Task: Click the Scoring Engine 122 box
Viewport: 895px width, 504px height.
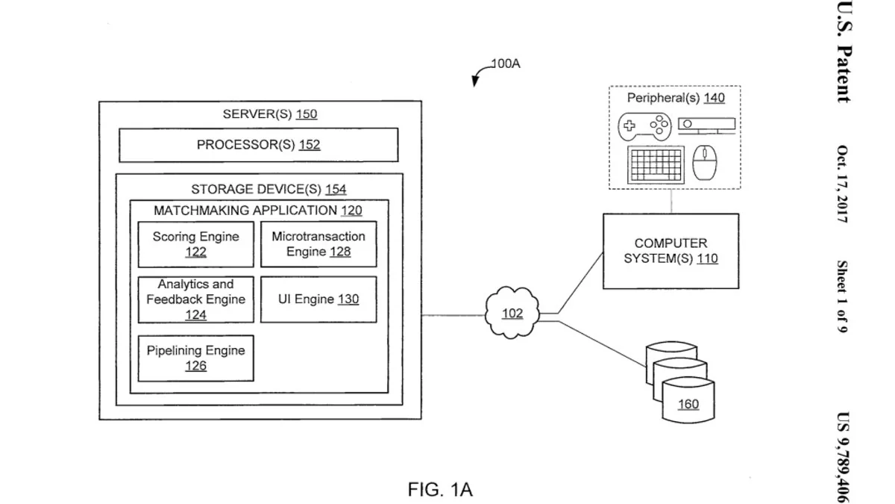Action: tap(195, 244)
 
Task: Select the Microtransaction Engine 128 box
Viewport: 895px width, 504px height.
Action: tap(318, 244)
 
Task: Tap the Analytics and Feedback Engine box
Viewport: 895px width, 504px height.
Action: tap(195, 299)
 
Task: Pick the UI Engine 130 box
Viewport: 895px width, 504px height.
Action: tap(318, 299)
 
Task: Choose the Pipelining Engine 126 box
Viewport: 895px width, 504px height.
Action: tap(195, 358)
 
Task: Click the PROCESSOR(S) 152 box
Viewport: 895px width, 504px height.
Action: tap(258, 145)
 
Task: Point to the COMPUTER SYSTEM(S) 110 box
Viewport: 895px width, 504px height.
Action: tap(671, 252)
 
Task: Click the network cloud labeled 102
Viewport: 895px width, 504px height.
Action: tap(512, 314)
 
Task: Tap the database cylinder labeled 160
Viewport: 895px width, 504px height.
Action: tap(688, 404)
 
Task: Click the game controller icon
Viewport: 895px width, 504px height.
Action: tap(645, 126)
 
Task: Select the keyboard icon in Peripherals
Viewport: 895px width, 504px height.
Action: tap(656, 164)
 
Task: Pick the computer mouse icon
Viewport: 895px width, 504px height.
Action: tap(704, 163)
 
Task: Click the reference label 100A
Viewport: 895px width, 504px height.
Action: tap(505, 64)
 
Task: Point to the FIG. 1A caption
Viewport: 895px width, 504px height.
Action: tap(440, 490)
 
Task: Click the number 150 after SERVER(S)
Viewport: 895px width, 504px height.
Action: tap(307, 114)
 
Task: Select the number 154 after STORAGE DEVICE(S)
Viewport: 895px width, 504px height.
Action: tap(336, 190)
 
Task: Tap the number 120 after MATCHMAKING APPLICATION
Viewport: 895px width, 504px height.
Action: tap(351, 211)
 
